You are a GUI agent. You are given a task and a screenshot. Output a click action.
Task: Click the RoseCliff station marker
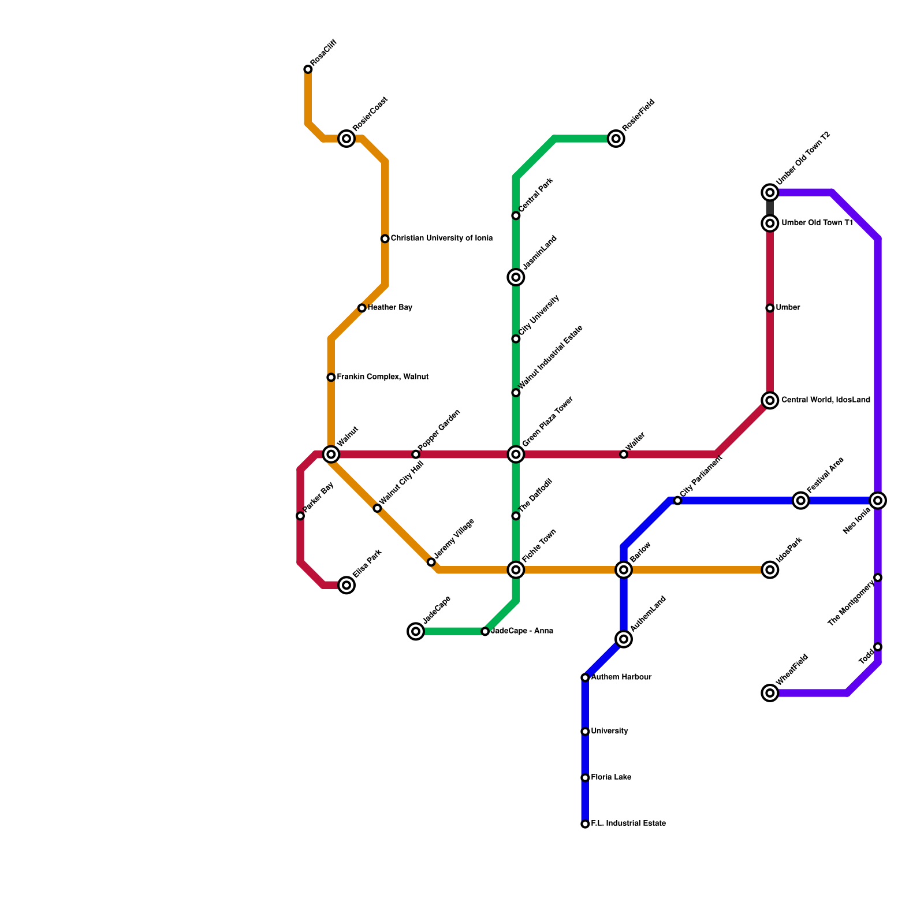tap(308, 70)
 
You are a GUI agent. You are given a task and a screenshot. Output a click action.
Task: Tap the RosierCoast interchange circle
tap(346, 139)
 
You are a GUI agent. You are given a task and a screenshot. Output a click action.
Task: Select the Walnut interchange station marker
tap(331, 454)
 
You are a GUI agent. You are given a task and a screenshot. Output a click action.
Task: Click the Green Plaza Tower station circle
tap(516, 454)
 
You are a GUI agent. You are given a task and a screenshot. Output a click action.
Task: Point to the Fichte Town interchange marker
tap(516, 570)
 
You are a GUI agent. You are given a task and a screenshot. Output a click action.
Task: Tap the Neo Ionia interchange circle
tap(878, 501)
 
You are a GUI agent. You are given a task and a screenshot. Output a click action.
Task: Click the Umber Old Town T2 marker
tap(770, 192)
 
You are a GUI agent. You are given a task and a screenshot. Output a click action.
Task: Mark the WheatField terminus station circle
tap(770, 693)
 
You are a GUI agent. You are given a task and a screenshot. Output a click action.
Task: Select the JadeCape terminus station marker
tap(416, 631)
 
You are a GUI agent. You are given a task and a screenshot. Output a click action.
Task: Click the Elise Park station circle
tap(346, 585)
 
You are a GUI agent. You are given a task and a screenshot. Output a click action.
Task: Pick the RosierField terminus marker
tap(616, 139)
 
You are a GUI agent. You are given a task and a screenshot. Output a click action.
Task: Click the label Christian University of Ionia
tap(441, 239)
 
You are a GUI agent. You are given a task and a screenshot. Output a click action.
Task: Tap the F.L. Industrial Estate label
tap(628, 824)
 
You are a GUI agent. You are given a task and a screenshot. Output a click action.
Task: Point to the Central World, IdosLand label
tap(825, 400)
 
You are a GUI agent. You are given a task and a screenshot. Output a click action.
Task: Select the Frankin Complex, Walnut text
tap(382, 377)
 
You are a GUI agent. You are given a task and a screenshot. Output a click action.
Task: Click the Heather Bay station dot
tap(362, 308)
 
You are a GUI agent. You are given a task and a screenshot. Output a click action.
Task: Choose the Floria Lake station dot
tap(585, 778)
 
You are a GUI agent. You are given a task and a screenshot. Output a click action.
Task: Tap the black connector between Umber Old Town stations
tap(770, 208)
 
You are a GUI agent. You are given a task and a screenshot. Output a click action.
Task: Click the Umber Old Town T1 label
tap(817, 223)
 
